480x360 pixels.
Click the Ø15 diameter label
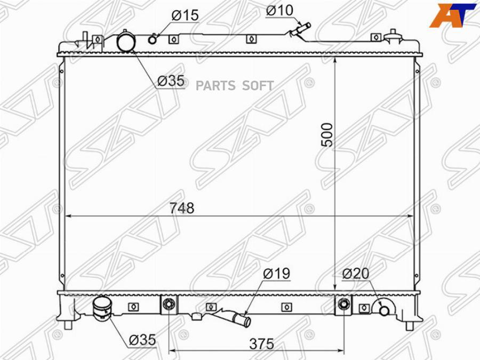[185, 15]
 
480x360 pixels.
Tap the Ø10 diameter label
[279, 11]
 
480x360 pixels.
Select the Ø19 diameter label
[276, 274]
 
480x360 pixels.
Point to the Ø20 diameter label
[356, 274]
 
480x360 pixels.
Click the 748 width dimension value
[182, 208]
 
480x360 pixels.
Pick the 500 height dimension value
[327, 135]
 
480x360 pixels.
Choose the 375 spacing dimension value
[261, 344]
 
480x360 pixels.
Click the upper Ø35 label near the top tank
[171, 81]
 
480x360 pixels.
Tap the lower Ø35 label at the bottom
[142, 340]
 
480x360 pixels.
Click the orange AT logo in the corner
[453, 15]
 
